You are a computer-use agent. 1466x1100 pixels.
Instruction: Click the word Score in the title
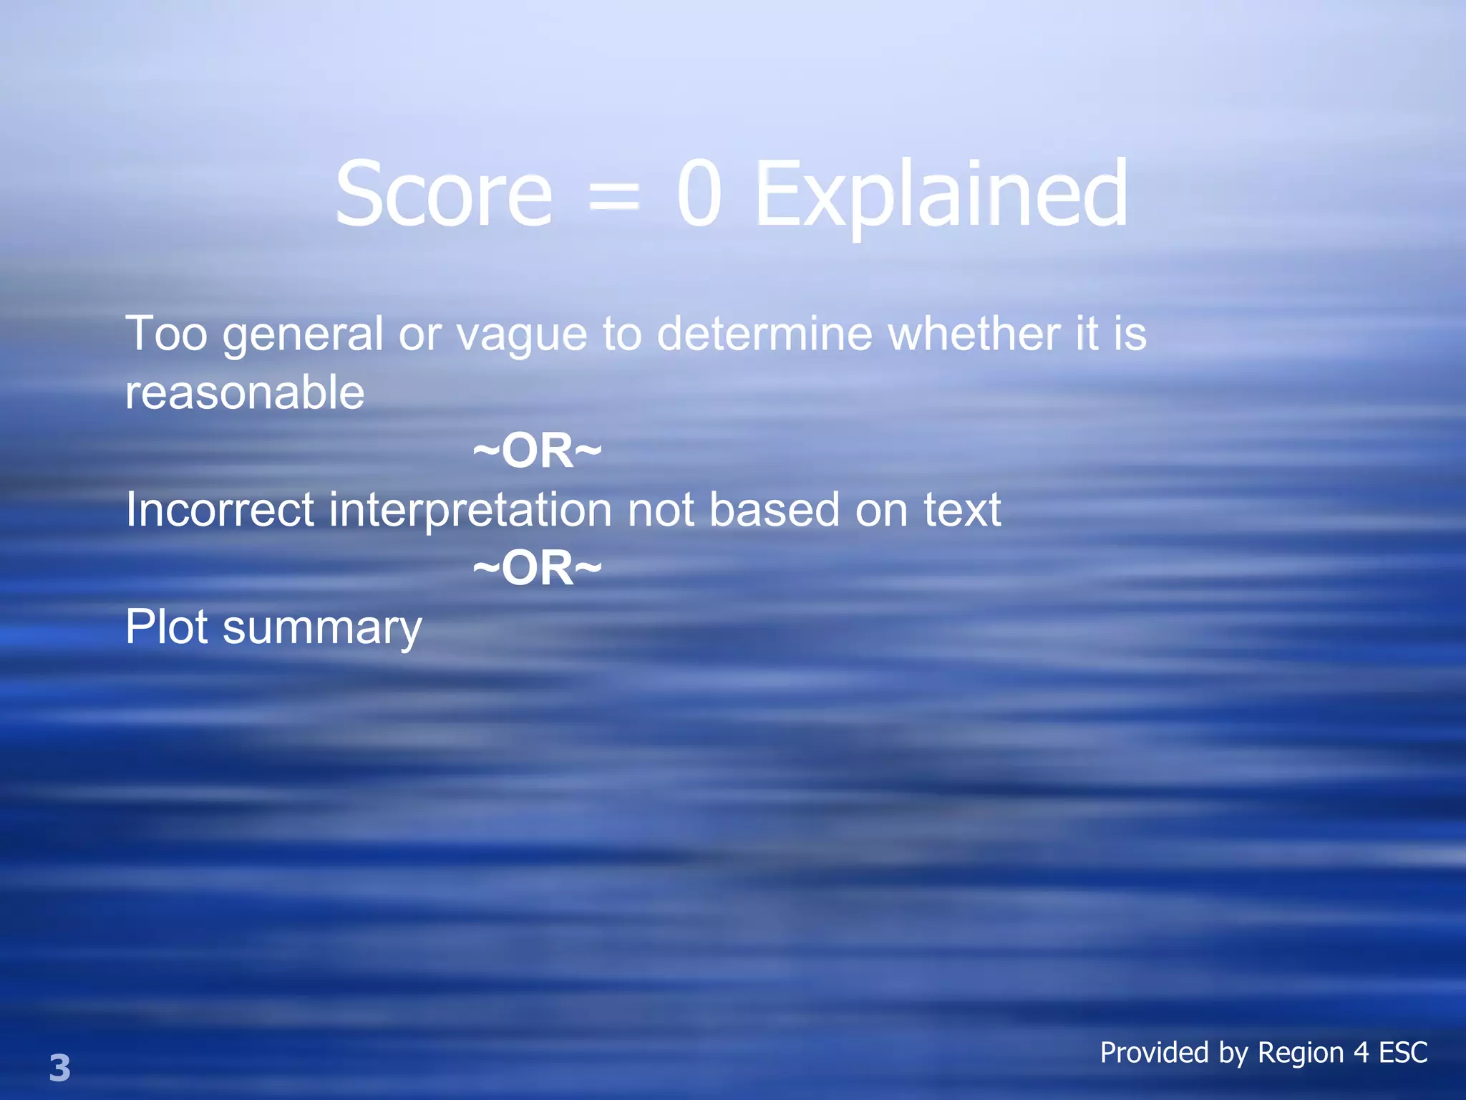click(444, 195)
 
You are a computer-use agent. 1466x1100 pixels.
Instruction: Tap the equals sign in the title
click(613, 198)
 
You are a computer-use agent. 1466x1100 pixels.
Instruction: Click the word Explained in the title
click(941, 195)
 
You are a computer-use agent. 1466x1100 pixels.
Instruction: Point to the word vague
click(522, 335)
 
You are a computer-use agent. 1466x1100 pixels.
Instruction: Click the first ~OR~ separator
click(538, 451)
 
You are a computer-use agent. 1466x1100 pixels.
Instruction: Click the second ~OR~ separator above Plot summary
click(538, 569)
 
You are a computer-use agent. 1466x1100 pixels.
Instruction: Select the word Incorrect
click(220, 510)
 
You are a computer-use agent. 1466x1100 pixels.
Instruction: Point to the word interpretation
click(470, 510)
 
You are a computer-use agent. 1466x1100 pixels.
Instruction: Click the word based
click(774, 510)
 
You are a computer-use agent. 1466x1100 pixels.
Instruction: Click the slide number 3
click(60, 1068)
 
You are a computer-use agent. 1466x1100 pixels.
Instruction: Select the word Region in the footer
click(1301, 1053)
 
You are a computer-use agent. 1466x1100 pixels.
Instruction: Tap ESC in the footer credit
click(1403, 1053)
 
